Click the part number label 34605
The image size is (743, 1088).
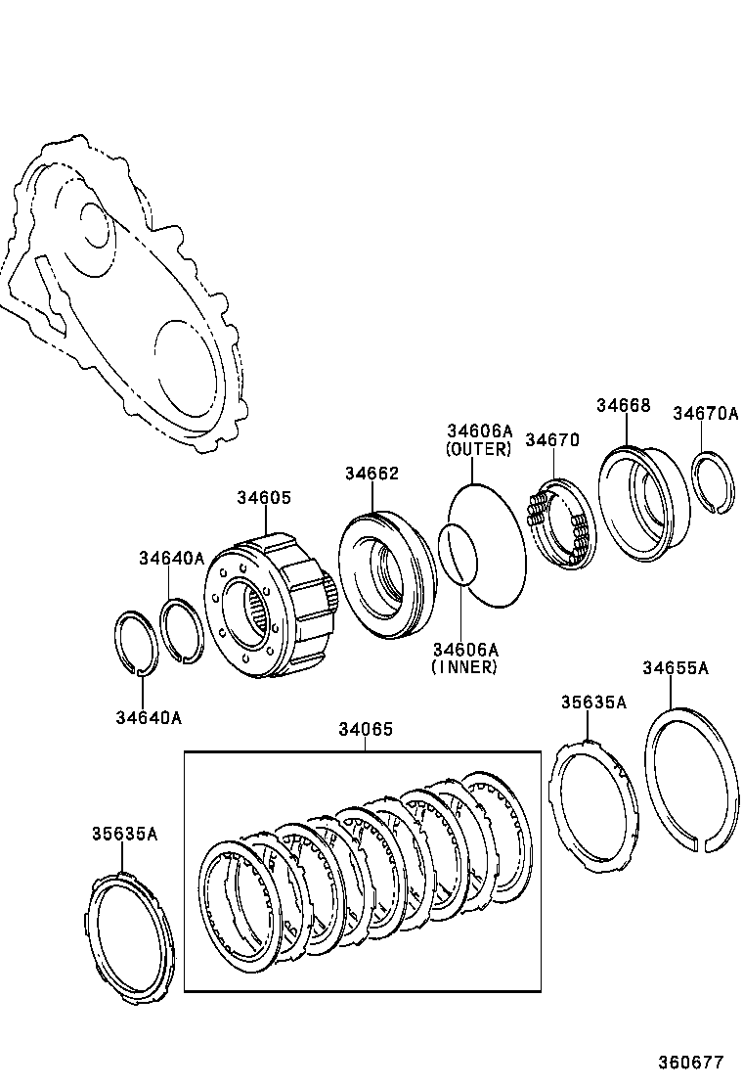coord(263,498)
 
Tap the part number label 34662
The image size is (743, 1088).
coord(371,474)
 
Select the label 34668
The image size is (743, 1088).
coord(624,406)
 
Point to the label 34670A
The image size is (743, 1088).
coord(705,414)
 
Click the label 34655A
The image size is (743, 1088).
coord(675,668)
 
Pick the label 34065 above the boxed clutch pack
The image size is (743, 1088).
coord(366,729)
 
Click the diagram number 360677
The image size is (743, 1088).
coord(690,1062)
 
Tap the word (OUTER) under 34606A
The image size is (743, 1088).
coord(479,449)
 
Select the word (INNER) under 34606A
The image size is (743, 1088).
coord(464,667)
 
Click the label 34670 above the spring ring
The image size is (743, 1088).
coord(552,440)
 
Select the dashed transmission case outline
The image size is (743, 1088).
coord(127,294)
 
